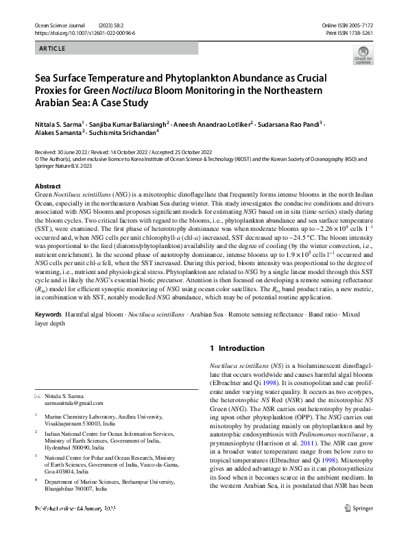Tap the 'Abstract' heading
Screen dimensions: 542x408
pos(48,186)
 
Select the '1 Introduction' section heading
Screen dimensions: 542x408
pos(237,348)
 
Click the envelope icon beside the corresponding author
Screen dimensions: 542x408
pos(38,397)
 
